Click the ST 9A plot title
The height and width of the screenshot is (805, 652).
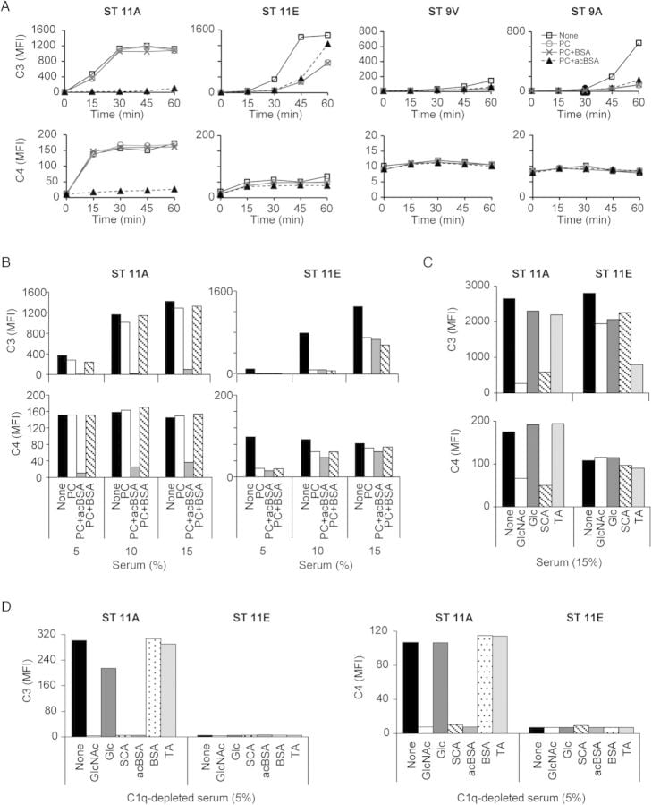584,12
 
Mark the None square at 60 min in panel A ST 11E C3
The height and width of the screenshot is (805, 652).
328,35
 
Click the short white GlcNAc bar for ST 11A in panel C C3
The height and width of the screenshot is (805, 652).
521,388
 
